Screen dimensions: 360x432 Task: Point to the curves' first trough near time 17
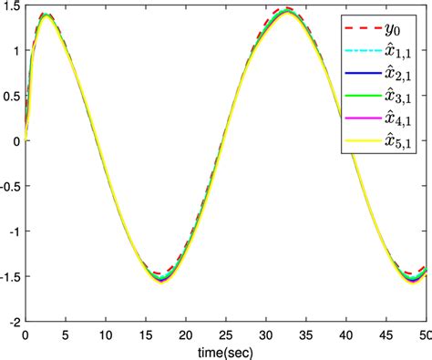pyautogui.click(x=161, y=280)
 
